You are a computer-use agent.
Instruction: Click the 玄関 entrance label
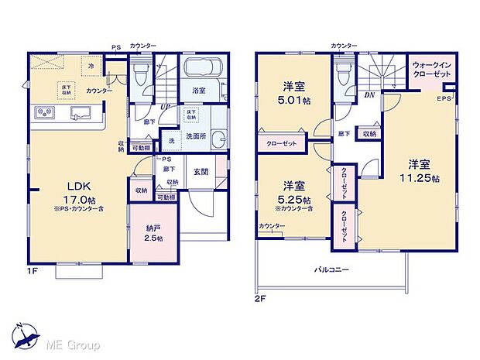[200, 172]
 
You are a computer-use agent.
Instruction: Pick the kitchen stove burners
[43, 115]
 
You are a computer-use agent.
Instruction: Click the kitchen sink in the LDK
[80, 115]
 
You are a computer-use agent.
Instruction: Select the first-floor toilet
[140, 74]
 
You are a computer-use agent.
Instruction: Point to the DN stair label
[369, 95]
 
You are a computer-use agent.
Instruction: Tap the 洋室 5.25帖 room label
[295, 191]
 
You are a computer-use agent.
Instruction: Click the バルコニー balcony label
[331, 270]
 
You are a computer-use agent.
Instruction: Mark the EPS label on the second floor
[444, 100]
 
